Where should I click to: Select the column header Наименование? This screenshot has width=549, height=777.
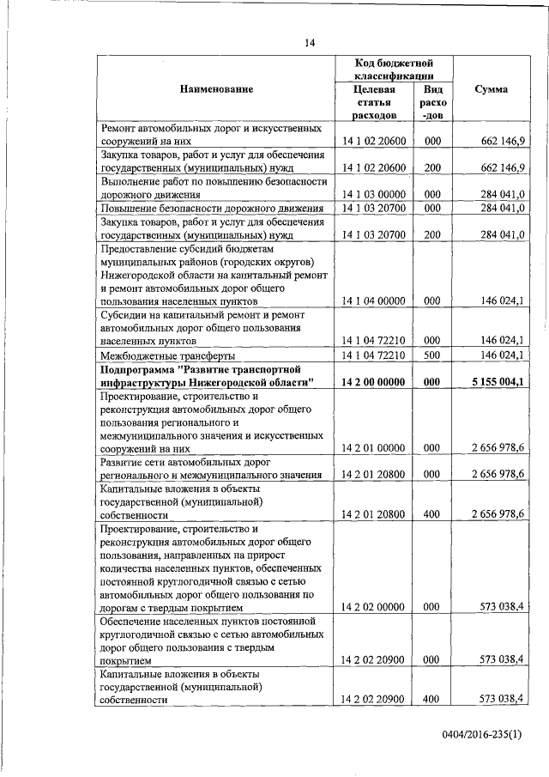click(x=216, y=89)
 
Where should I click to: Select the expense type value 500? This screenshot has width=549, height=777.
click(x=432, y=354)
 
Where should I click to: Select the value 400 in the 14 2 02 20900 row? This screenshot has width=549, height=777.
click(x=432, y=700)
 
